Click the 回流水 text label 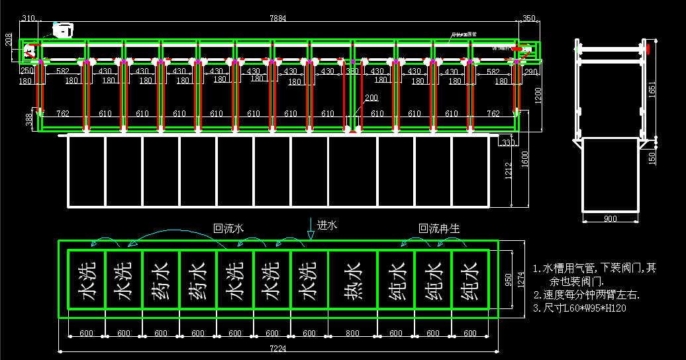(x=228, y=228)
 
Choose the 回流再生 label (x=439, y=228)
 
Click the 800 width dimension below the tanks (x=352, y=334)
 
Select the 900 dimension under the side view (x=609, y=218)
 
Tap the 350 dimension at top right (x=529, y=19)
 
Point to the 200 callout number (x=371, y=98)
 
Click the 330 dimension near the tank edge (x=509, y=142)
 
